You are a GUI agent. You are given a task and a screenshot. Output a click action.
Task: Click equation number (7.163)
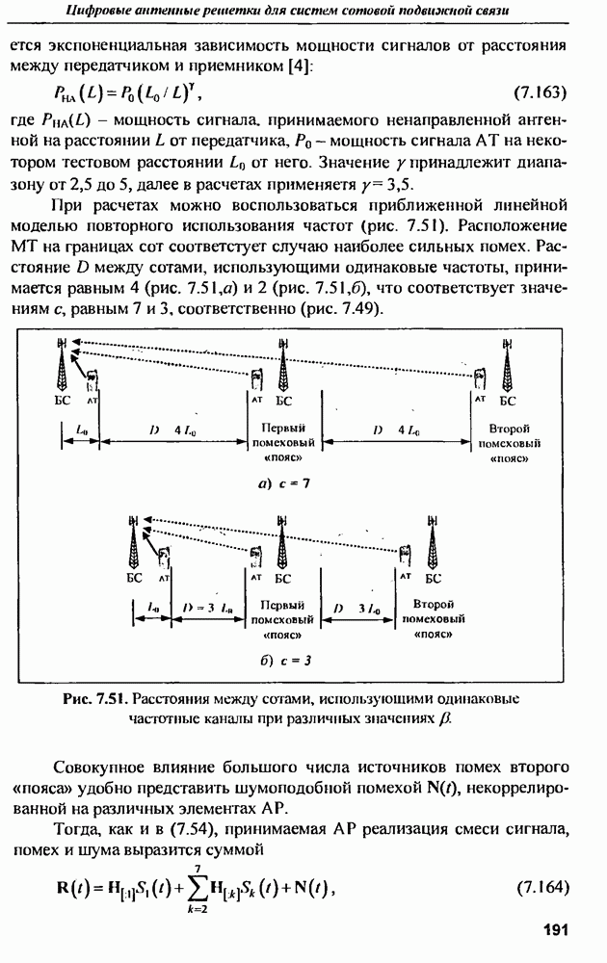(540, 94)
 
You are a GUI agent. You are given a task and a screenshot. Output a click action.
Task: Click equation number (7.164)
(540, 884)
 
